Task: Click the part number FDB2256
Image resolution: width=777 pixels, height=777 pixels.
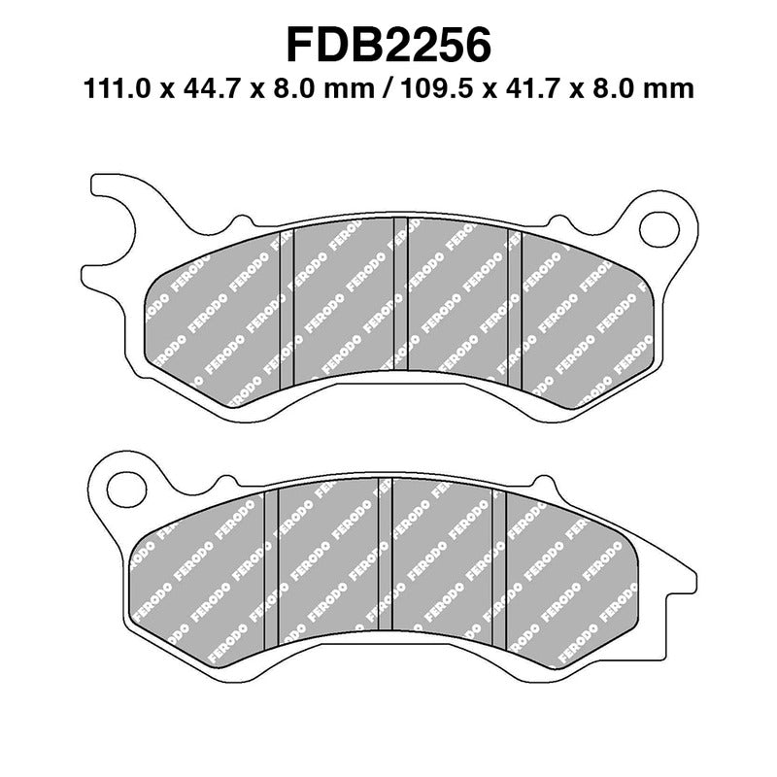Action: (388, 43)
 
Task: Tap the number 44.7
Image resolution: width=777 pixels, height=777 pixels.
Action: (212, 90)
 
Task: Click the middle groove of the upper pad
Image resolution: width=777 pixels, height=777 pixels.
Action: (399, 296)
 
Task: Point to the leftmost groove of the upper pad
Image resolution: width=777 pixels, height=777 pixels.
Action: (286, 301)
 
